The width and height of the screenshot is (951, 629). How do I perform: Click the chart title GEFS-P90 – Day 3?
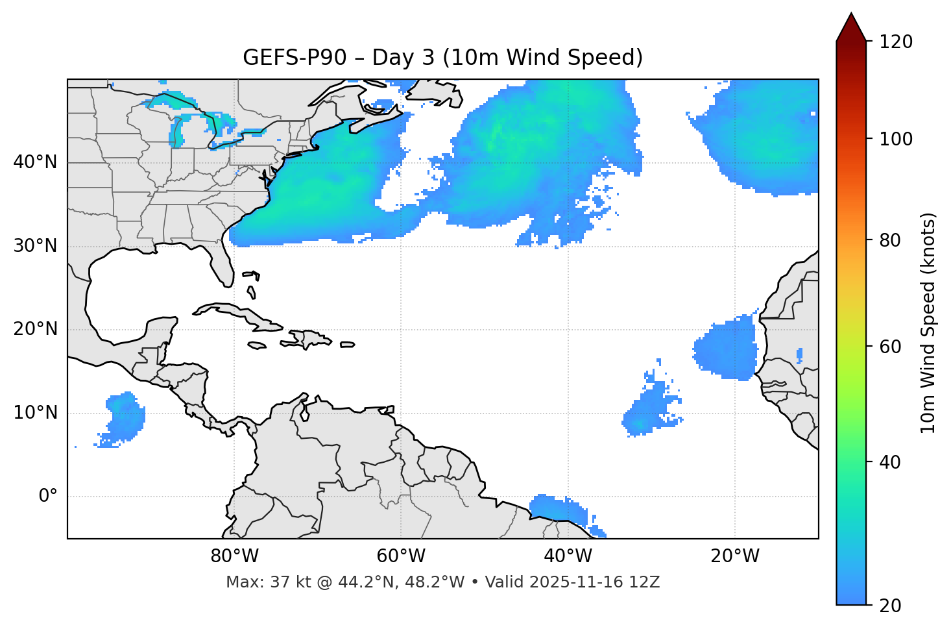click(442, 58)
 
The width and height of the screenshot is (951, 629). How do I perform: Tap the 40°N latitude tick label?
click(35, 162)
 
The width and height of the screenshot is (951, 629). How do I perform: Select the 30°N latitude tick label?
click(35, 246)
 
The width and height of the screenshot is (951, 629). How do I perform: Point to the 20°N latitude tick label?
click(35, 329)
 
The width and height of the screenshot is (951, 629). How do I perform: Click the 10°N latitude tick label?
click(35, 413)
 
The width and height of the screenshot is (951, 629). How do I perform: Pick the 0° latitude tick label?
click(48, 497)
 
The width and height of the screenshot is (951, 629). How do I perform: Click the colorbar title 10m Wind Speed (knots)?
click(928, 323)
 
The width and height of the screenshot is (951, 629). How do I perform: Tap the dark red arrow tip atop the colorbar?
click(851, 26)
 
